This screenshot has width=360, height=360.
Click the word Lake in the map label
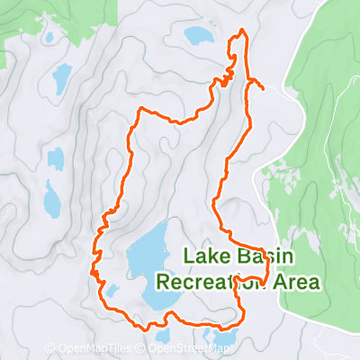[x=205, y=256]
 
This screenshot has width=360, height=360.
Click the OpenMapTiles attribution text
[x=96, y=347]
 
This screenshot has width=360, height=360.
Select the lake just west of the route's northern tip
[x=197, y=36]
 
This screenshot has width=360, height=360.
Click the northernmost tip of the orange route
[x=241, y=31]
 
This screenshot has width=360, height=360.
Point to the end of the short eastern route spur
[x=262, y=89]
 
